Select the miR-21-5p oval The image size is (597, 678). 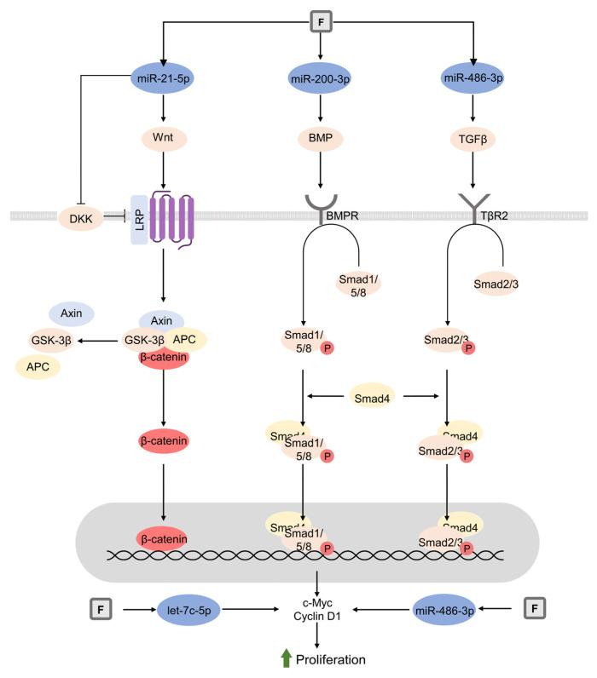(x=163, y=78)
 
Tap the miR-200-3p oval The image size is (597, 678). (x=317, y=78)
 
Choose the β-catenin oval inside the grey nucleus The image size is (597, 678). (x=162, y=538)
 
